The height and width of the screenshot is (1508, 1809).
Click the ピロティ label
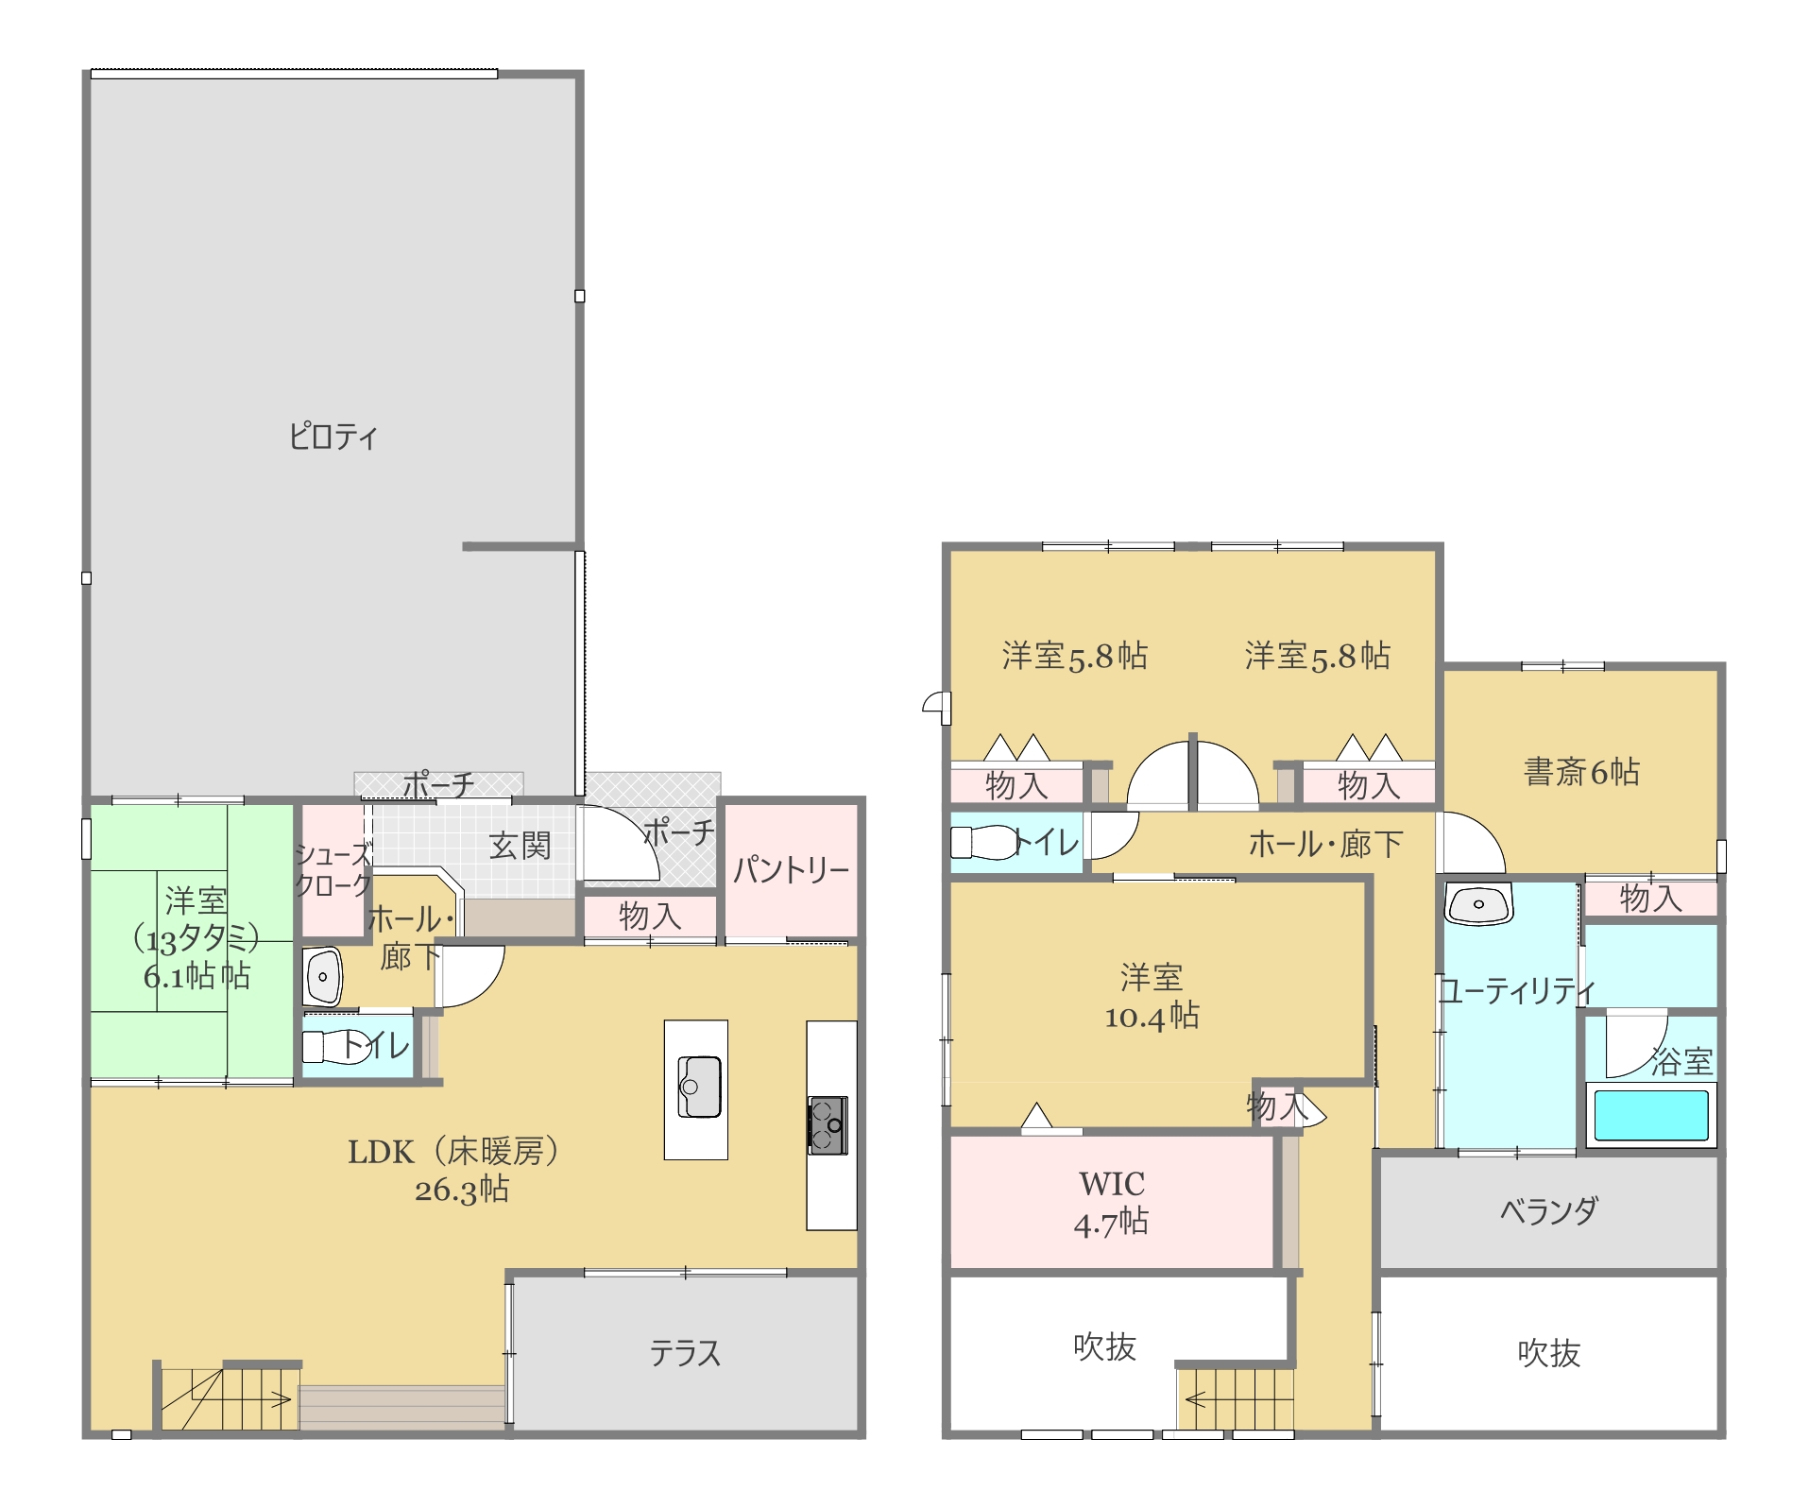pos(333,437)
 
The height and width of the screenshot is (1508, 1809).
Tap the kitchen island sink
pos(699,1087)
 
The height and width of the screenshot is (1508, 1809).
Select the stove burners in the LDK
pos(828,1124)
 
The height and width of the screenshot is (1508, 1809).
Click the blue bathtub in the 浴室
pos(1650,1115)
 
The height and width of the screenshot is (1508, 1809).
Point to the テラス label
pos(685,1353)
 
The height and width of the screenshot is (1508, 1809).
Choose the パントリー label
pos(792,869)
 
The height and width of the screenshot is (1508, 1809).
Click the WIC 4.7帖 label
pos(1112,1203)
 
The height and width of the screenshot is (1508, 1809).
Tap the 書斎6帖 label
pos(1581,772)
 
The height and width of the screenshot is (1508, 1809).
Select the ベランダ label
pos(1549,1210)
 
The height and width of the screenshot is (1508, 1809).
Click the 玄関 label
pos(520,846)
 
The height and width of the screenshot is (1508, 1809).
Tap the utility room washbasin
pos(1478,904)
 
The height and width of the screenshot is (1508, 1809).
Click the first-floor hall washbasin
pos(323,976)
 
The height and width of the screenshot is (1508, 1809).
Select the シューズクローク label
pos(333,869)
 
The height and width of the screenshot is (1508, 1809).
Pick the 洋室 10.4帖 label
pos(1152,997)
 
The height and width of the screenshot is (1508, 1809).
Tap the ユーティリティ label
pos(1517,990)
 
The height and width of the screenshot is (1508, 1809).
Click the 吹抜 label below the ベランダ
pos(1548,1353)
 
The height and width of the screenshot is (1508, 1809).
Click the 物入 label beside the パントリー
pos(650,916)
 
